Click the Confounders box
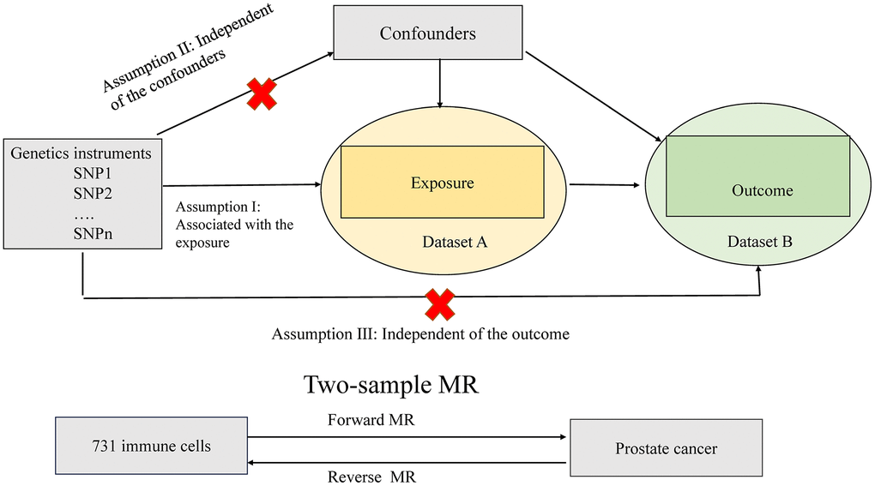[428, 35]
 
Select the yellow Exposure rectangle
[442, 182]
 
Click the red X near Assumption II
[262, 93]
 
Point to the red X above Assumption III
[440, 304]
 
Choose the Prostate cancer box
[665, 447]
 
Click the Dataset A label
[454, 242]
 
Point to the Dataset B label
[760, 242]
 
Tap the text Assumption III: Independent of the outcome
[420, 333]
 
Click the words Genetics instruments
[81, 153]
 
